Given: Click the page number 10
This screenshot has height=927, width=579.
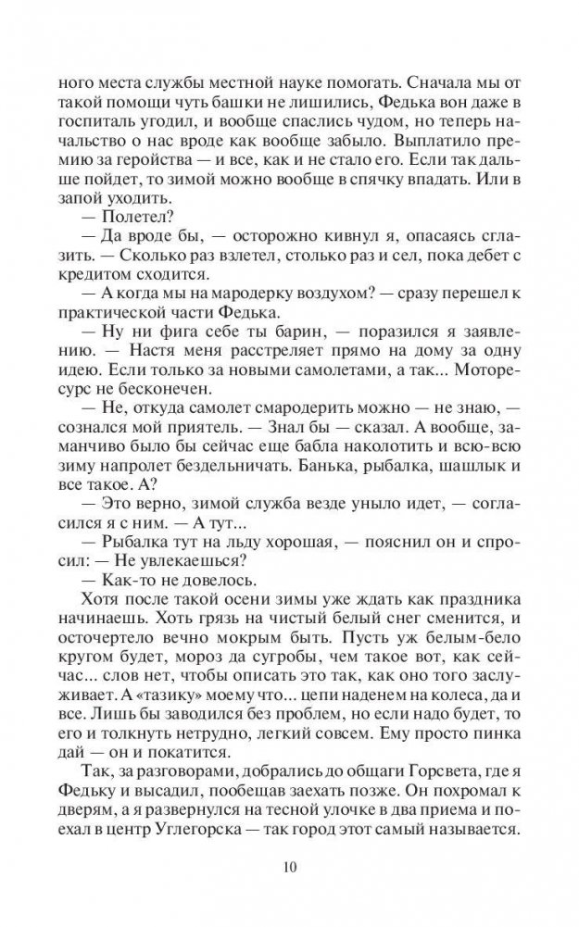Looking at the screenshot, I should tap(289, 868).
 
